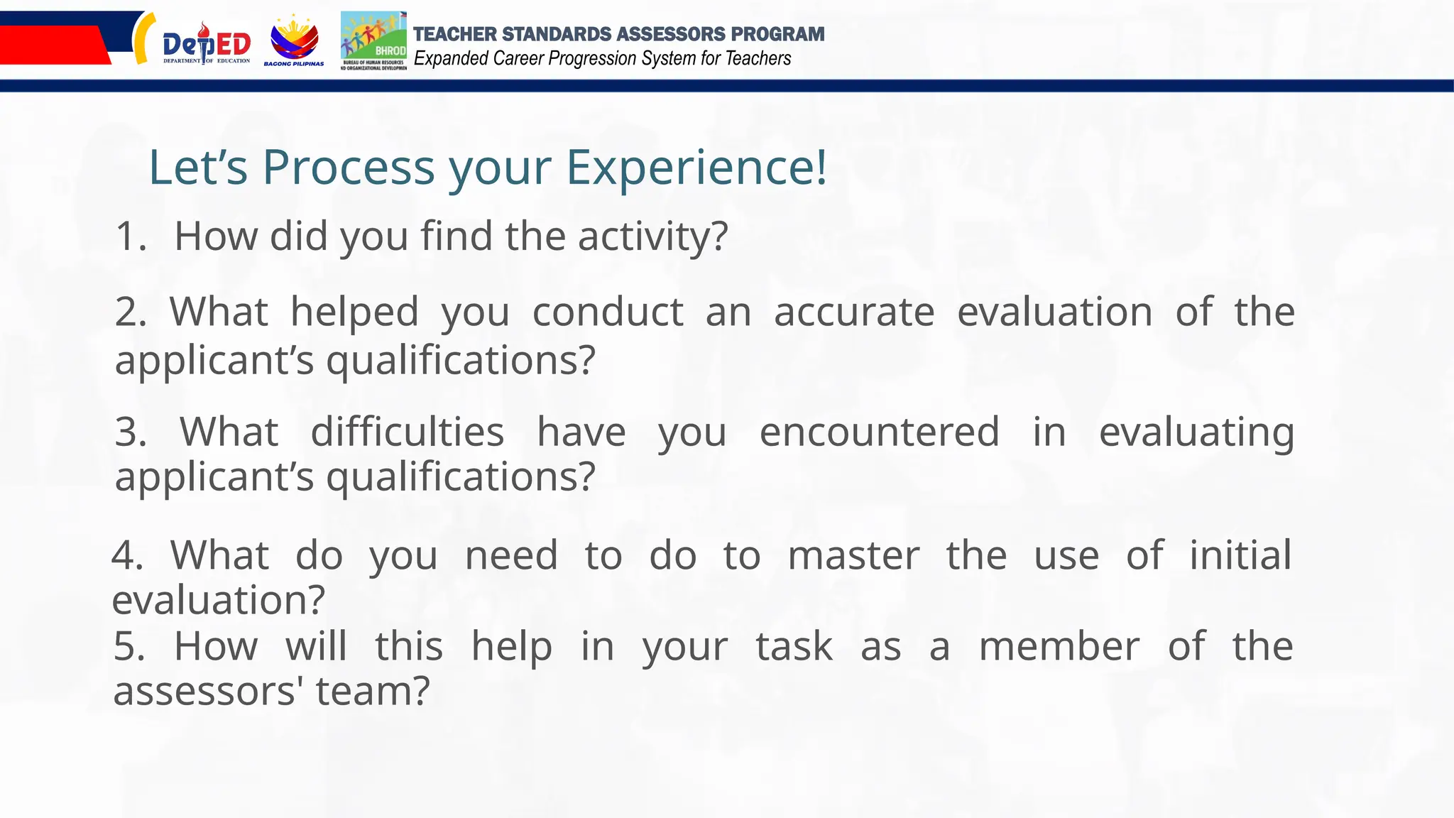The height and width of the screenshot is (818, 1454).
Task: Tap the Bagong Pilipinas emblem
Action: point(294,41)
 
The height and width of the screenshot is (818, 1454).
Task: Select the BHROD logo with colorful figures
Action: point(373,40)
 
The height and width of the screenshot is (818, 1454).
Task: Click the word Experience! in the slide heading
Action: point(696,168)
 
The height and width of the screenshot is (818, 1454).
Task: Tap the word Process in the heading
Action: point(348,168)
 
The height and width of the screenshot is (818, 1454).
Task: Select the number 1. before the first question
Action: point(130,236)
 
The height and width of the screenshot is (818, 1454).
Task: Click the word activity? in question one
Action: point(652,236)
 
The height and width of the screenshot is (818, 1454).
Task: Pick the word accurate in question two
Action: point(853,312)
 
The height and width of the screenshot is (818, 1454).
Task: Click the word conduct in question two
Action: point(608,312)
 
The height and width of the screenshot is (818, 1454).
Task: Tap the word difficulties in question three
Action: point(408,432)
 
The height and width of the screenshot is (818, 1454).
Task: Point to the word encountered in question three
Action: point(879,432)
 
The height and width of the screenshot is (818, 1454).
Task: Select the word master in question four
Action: point(853,555)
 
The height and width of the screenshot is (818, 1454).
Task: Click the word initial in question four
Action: point(1240,555)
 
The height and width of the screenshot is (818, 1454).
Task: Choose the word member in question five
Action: point(1059,646)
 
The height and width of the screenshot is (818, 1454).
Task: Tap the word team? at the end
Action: point(373,691)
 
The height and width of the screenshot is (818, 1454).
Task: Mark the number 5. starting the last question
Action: point(129,646)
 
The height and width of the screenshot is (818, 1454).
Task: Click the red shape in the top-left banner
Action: point(53,45)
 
